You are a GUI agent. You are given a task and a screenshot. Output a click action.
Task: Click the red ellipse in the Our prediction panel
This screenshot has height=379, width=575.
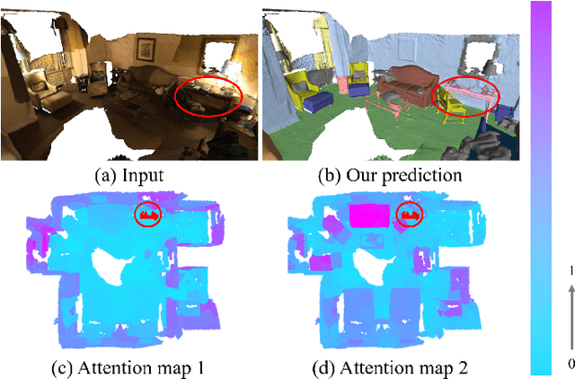(465, 96)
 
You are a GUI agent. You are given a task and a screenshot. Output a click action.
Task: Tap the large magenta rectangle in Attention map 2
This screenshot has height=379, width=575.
(368, 216)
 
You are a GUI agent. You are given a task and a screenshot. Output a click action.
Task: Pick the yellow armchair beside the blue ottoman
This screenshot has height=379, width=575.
(305, 84)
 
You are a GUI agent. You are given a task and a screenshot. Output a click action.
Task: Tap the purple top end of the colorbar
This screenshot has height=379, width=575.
(541, 11)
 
